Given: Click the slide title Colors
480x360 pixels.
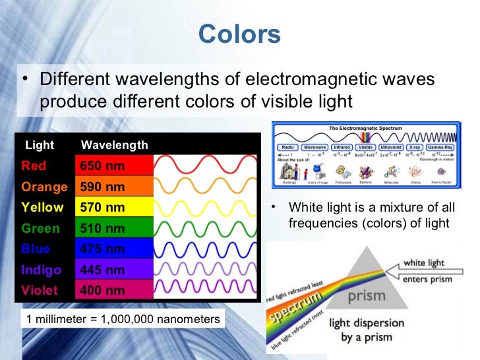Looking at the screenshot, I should pos(239,34).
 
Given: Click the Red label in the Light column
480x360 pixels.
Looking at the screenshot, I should pos(34,166).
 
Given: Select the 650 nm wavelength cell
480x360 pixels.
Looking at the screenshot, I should pos(102,166).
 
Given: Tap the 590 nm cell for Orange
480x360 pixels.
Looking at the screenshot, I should pos(102,187).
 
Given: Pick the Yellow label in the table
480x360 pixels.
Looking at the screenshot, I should pos(42,208).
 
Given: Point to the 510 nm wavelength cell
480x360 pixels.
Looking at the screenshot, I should pos(102,229).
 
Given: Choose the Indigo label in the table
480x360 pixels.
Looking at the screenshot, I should pos(41,270).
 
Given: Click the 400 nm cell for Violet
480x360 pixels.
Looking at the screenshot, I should pos(102,290).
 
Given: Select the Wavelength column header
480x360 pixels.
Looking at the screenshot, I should pos(114,145).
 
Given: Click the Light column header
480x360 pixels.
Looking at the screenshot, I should pos(39,145).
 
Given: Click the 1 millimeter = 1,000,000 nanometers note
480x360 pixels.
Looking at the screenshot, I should pos(123,319).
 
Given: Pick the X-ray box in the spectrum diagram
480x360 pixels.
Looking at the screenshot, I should pos(415,148).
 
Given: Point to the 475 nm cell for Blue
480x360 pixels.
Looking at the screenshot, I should pos(102,249).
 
